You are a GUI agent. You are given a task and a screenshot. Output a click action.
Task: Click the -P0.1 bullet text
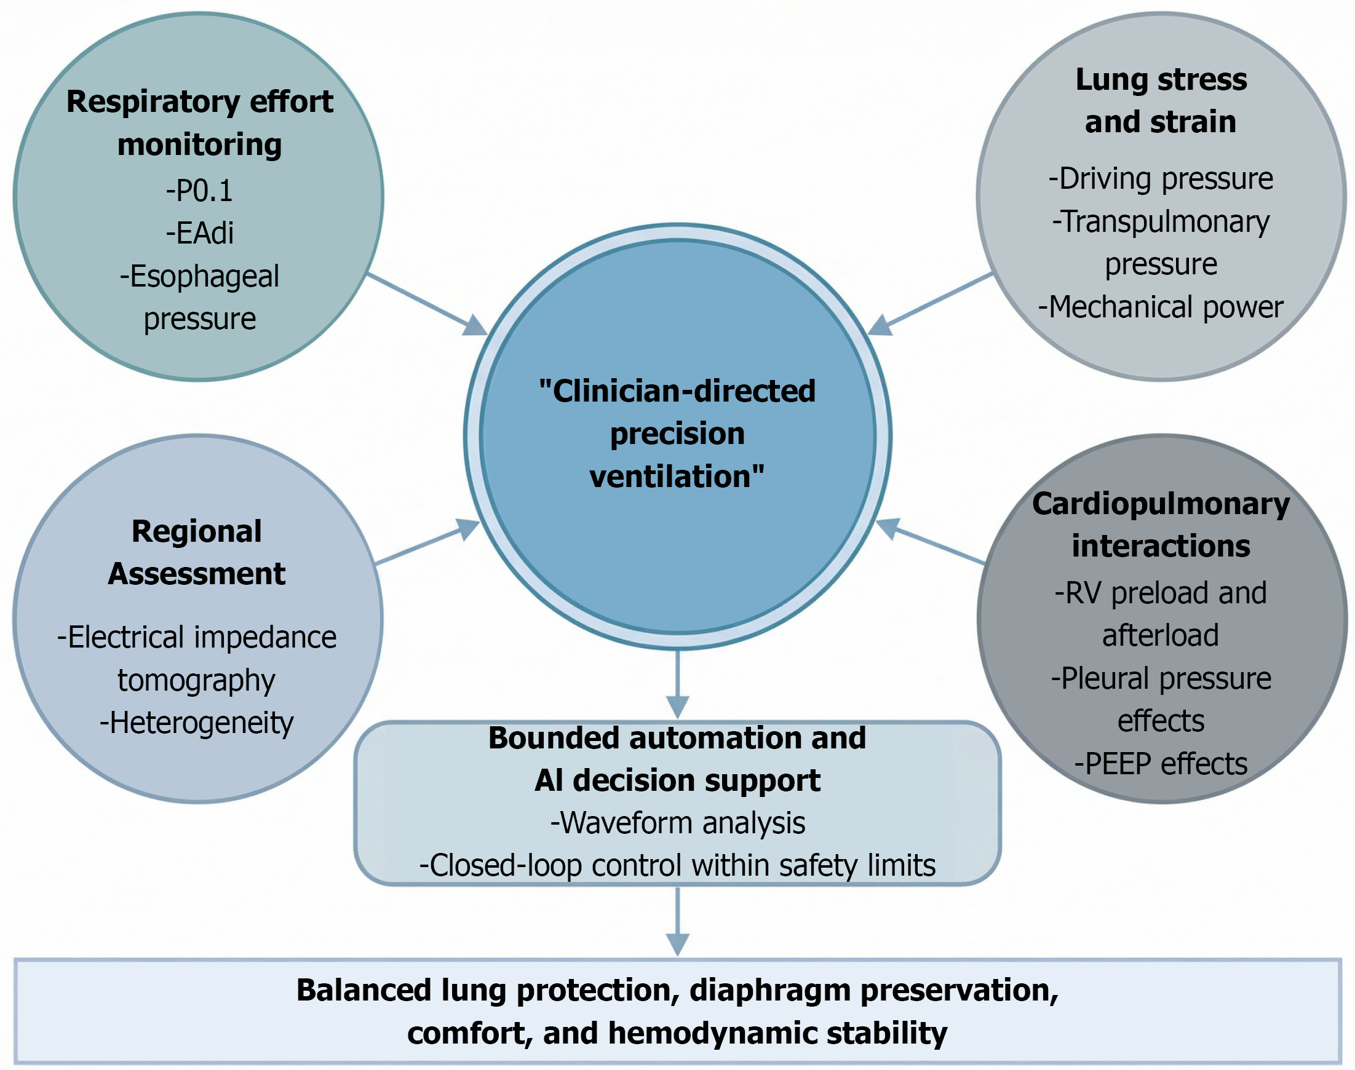(x=199, y=191)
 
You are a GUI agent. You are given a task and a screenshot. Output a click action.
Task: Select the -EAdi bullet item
(x=200, y=233)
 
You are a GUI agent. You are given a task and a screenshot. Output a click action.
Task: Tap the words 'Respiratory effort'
(x=200, y=101)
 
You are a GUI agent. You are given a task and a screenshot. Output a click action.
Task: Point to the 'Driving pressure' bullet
(x=1161, y=178)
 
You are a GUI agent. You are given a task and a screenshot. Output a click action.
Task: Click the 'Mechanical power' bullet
(x=1161, y=307)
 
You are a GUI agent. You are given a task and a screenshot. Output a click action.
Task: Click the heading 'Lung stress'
(x=1161, y=79)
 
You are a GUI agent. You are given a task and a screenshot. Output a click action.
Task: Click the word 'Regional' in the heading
(x=197, y=532)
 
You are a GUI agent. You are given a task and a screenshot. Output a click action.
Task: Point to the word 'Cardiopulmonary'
(x=1161, y=504)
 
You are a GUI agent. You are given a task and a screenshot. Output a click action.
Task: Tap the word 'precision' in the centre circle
(x=677, y=434)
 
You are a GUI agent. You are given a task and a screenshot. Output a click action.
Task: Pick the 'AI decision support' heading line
(x=677, y=780)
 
